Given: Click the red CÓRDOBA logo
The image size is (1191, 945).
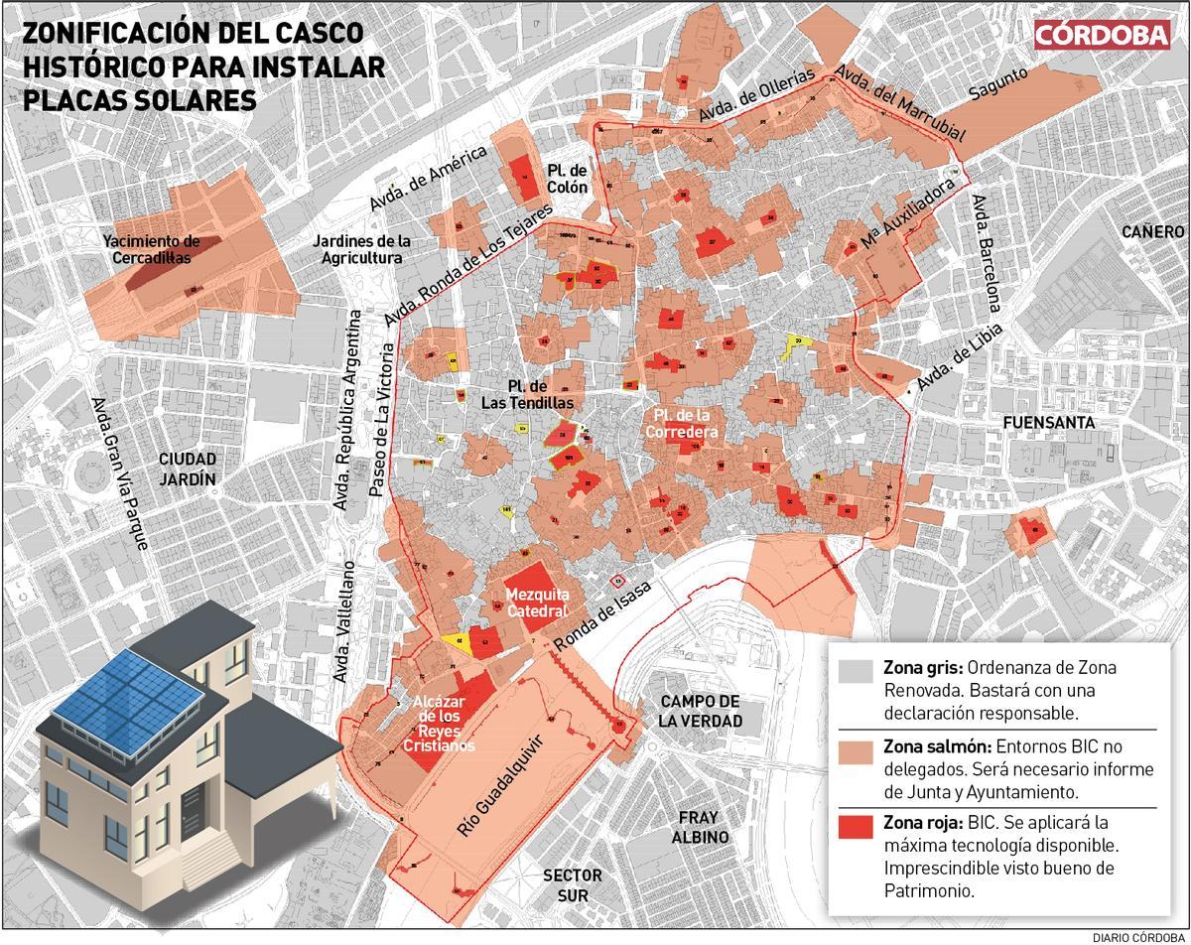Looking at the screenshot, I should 1102,35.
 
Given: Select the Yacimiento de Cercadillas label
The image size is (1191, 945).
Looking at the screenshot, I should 151,249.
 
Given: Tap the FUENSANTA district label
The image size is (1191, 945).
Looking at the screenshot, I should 1048,422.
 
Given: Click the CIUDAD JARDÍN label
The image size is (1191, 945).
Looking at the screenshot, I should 188,469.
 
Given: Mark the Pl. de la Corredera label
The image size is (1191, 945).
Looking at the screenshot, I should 680,423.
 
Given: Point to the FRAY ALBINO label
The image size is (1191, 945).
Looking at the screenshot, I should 704,827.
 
